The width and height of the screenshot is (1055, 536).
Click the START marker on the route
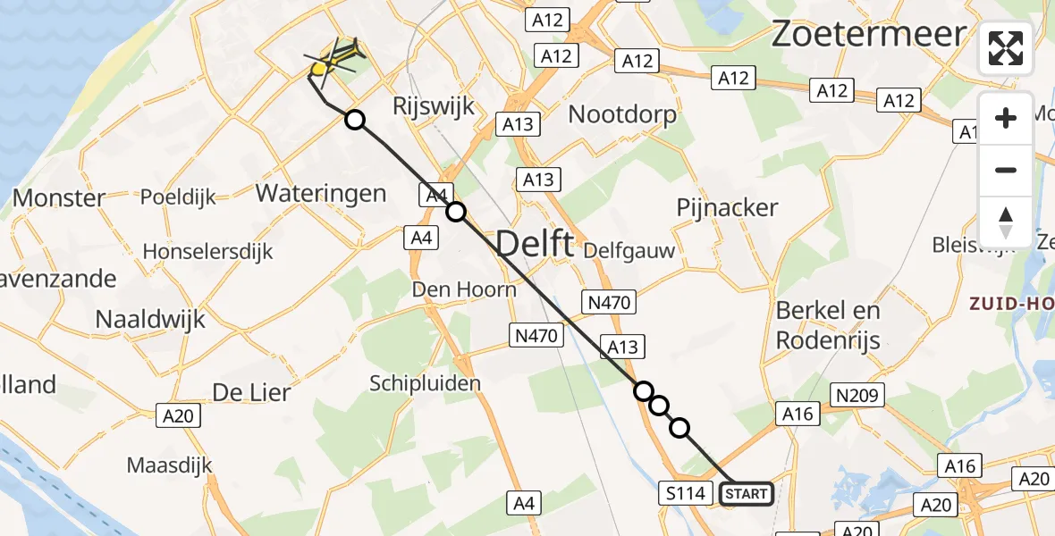pyautogui.click(x=747, y=493)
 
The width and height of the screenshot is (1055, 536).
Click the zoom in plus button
pyautogui.click(x=1006, y=119)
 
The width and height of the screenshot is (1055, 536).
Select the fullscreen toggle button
pyautogui.click(x=1006, y=48)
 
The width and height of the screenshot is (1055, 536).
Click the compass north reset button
pyautogui.click(x=1006, y=222)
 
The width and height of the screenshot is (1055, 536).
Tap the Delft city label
pyautogui.click(x=534, y=243)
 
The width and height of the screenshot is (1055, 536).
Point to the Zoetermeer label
pyautogui.click(x=868, y=34)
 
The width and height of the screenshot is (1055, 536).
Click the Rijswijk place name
pyautogui.click(x=433, y=105)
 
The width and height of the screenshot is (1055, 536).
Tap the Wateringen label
pyautogui.click(x=320, y=193)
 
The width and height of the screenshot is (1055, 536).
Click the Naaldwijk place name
pyautogui.click(x=150, y=319)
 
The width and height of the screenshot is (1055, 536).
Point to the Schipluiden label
pyautogui.click(x=426, y=383)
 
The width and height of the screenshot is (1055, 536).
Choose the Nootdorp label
pyautogui.click(x=622, y=114)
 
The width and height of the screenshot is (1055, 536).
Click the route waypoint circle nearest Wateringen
pyautogui.click(x=355, y=120)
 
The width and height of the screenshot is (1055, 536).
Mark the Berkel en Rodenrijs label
pyautogui.click(x=828, y=325)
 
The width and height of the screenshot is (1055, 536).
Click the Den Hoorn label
pyautogui.click(x=464, y=289)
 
